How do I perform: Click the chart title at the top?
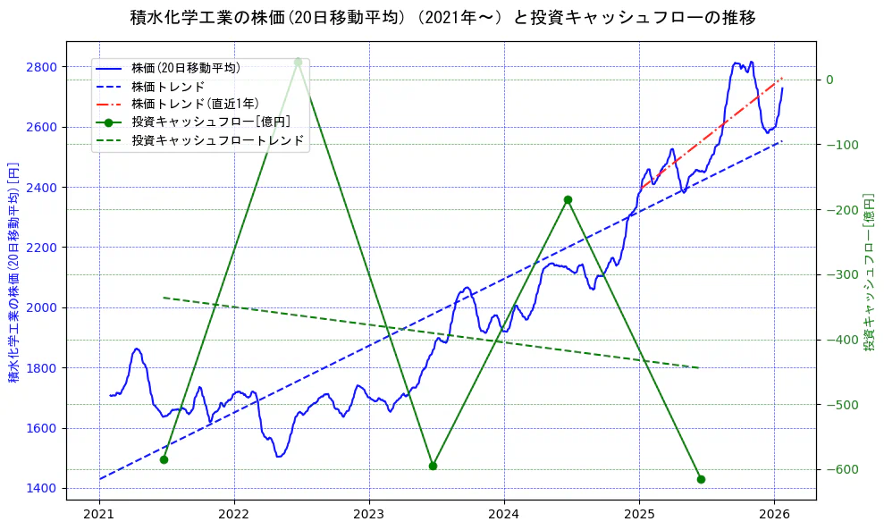[x=442, y=18]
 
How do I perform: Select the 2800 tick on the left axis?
[x=43, y=67]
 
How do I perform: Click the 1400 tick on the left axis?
[x=43, y=488]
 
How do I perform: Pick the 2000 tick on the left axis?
[x=43, y=307]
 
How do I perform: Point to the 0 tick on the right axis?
[x=829, y=80]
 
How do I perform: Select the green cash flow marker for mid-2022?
[x=298, y=62]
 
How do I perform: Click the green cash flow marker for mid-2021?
[x=164, y=459]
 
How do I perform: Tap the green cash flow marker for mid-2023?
[x=433, y=466]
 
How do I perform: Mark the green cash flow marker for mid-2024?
[x=568, y=199]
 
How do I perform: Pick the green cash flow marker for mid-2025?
[x=701, y=479]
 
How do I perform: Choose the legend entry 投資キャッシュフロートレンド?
[x=217, y=140]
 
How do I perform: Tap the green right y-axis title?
[x=869, y=271]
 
